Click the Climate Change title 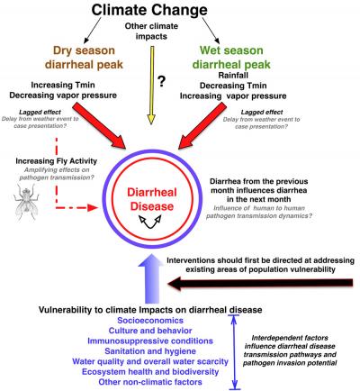[179, 12]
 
